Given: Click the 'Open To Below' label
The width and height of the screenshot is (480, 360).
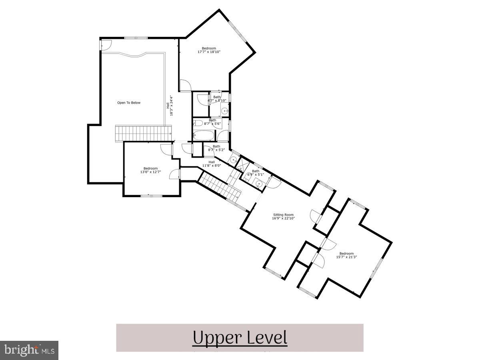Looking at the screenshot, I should [128, 103].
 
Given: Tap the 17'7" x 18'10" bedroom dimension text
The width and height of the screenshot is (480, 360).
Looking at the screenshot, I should [209, 52].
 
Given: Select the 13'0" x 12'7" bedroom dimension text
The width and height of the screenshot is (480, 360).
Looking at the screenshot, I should [150, 172].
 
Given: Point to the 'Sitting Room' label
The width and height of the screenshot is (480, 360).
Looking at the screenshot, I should [283, 215].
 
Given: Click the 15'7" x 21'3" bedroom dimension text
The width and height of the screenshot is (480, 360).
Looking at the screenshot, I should [346, 257].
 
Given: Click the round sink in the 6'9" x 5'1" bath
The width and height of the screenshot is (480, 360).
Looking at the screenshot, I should [259, 184].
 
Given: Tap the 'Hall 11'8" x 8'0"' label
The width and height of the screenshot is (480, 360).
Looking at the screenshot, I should [212, 164].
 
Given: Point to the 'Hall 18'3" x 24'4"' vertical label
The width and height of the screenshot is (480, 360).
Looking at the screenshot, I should [170, 106].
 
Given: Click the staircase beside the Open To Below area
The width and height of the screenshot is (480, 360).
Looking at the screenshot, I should [143, 132].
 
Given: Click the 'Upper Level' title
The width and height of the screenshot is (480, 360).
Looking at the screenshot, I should [240, 338].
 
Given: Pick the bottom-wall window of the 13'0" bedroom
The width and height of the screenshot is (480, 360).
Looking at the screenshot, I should [152, 196].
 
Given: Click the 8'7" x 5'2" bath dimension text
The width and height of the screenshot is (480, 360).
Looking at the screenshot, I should [216, 150].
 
